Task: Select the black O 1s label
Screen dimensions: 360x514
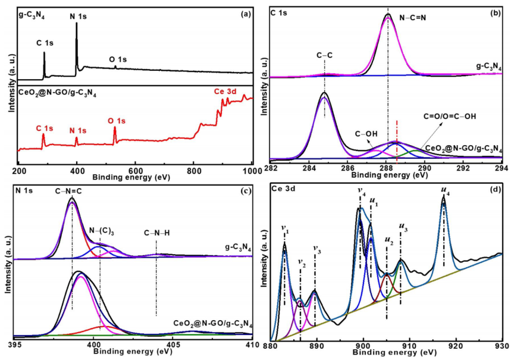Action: click(117, 59)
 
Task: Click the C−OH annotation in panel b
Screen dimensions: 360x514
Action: click(366, 134)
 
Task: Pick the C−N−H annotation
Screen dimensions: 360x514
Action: click(157, 233)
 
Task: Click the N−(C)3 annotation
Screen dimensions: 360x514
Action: click(102, 230)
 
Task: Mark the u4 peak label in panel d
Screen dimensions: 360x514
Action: click(444, 190)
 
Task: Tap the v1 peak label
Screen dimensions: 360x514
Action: click(284, 227)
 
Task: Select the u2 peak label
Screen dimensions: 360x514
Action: click(388, 242)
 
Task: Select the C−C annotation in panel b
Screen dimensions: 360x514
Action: click(324, 56)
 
